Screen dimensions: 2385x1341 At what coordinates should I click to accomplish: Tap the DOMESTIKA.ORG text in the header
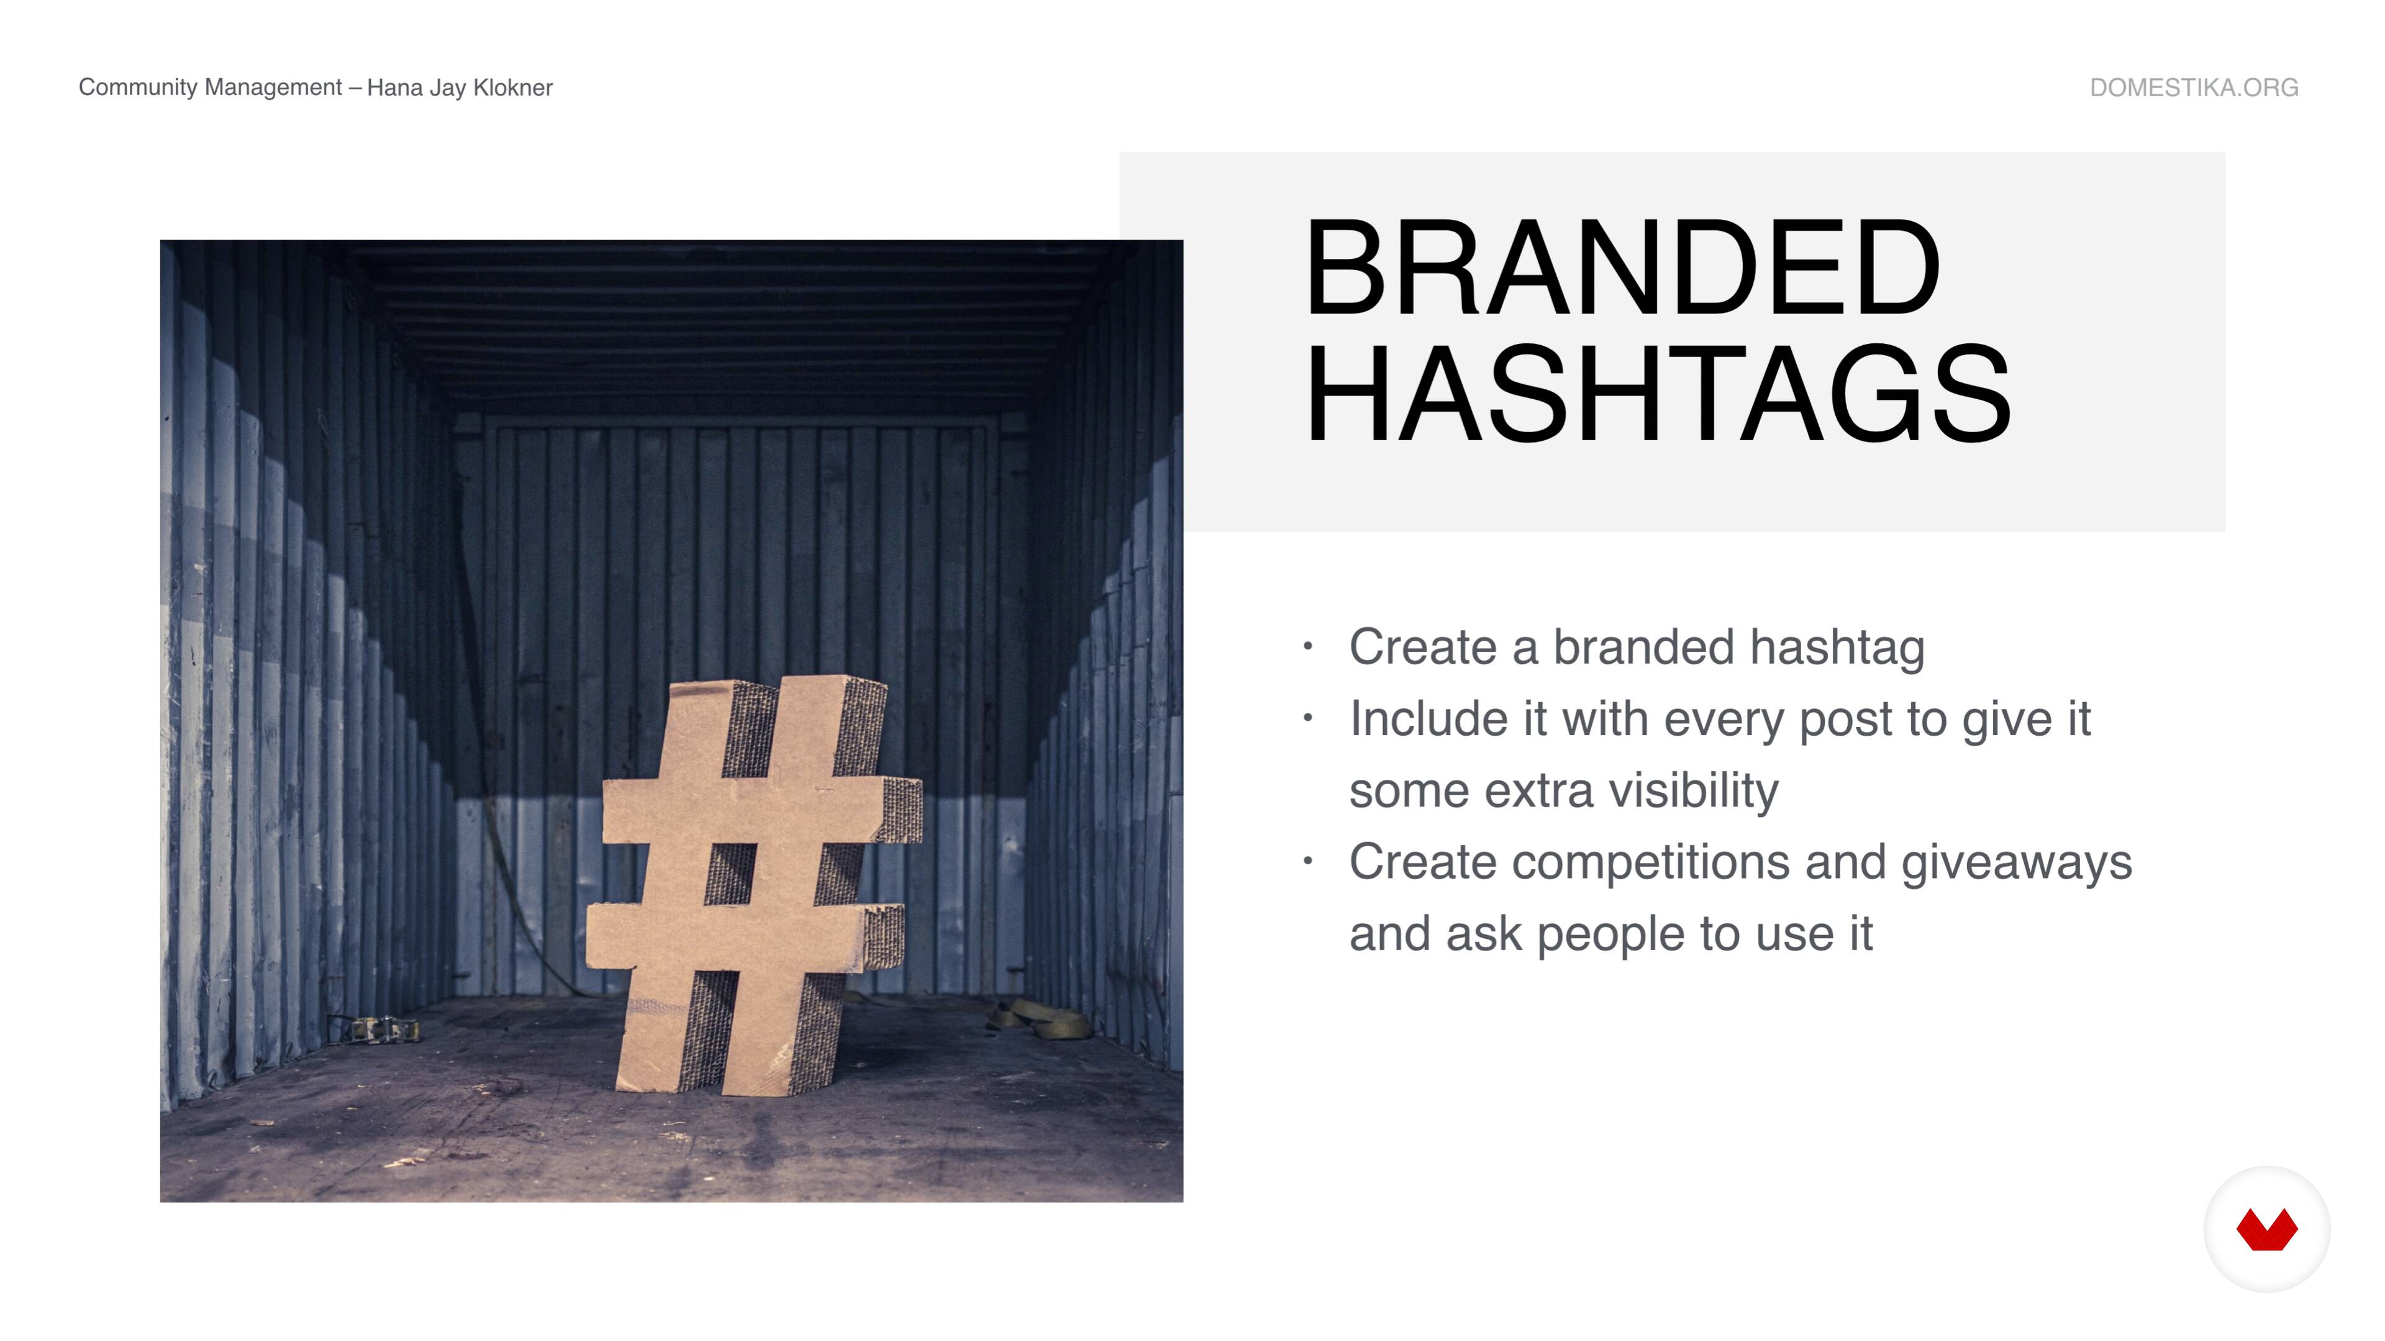pyautogui.click(x=2193, y=88)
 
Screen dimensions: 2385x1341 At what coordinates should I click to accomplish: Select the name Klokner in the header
pyautogui.click(x=513, y=88)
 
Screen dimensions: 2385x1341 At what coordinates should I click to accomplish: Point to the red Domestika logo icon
pyautogui.click(x=2266, y=1229)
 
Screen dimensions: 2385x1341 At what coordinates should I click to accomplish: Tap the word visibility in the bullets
pyautogui.click(x=1693, y=792)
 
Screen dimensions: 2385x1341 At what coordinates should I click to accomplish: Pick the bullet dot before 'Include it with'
pyautogui.click(x=1307, y=718)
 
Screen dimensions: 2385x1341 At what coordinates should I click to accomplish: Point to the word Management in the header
pyautogui.click(x=273, y=88)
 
